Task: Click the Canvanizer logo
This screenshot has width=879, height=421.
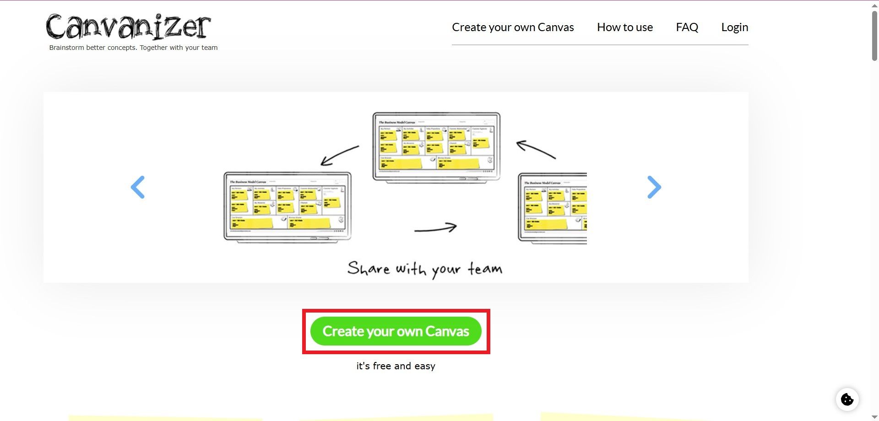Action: click(128, 27)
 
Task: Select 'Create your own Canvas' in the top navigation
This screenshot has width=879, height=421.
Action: click(513, 27)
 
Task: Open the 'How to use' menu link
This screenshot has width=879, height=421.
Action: click(625, 27)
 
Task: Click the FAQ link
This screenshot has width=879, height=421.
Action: click(687, 27)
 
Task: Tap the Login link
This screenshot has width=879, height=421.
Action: click(735, 27)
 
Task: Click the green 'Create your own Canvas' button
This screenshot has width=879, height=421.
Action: click(396, 331)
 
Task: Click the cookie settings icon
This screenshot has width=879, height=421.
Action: click(847, 399)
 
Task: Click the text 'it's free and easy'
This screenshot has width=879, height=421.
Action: click(396, 366)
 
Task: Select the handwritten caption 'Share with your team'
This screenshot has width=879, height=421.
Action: click(425, 269)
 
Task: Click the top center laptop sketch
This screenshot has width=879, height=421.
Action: click(436, 146)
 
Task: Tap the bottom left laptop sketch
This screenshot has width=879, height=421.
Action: click(288, 206)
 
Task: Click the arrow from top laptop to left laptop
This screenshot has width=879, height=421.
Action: click(339, 155)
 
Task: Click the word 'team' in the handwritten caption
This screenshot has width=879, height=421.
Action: click(485, 269)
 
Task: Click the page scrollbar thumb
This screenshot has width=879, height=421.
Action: click(874, 36)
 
